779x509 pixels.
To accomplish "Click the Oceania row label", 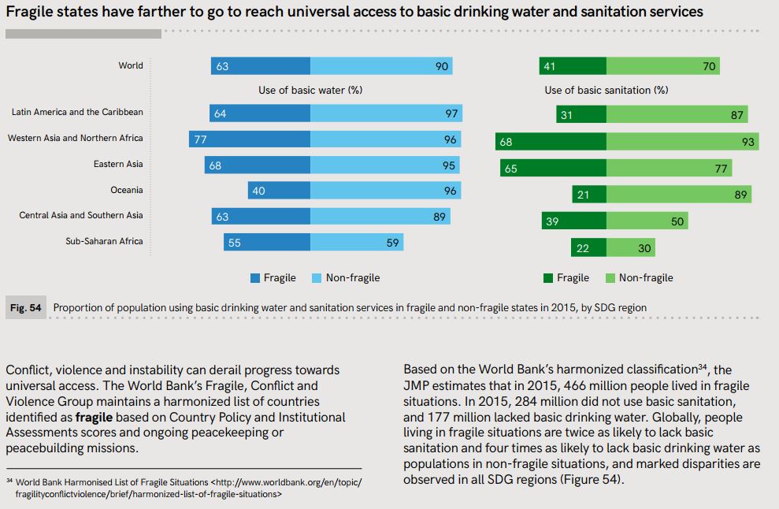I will pos(126,190).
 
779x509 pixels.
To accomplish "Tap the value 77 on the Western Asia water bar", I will pos(200,139).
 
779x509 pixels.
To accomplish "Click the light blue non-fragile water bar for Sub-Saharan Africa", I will pos(357,243).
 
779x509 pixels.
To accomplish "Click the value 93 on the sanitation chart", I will pos(748,143).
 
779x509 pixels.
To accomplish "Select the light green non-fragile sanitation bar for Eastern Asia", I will pos(669,168).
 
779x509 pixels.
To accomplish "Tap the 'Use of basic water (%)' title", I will pos(310,90).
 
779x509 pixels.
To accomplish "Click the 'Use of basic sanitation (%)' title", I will pos(607,90).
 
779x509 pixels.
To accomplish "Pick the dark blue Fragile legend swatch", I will pos(255,277).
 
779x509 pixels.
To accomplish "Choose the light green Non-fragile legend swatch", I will pos(610,277).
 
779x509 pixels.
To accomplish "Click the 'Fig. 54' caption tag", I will pos(25,307).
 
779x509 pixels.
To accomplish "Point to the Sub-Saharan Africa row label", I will pos(104,241).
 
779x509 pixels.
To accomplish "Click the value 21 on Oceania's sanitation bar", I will pos(583,195).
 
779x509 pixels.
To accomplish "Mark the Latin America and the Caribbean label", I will pos(77,112).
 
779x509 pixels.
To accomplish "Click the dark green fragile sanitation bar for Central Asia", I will pos(574,221).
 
